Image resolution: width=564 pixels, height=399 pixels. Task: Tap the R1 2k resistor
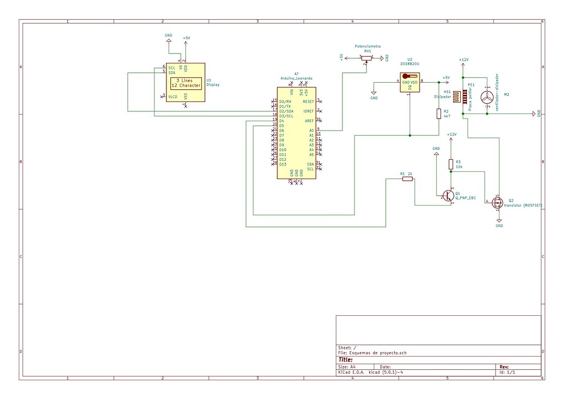coord(407,179)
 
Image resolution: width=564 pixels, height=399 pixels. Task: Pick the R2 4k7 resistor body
coord(439,114)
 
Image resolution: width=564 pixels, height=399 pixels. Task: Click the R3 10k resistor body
coord(451,164)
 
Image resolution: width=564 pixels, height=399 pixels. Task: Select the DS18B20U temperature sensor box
coord(409,83)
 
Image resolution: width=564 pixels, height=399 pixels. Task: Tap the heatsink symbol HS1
coord(457,97)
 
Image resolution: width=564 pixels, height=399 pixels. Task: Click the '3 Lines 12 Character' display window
coord(186,83)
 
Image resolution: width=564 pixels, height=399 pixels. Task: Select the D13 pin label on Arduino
coord(282,164)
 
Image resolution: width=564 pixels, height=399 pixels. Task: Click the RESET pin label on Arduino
coord(308,101)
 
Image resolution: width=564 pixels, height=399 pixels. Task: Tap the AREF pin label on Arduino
coord(309,121)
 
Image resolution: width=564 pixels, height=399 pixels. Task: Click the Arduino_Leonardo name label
coord(296,79)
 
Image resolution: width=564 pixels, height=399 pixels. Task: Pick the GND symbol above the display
coord(168,40)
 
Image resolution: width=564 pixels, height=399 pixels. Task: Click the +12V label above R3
coord(452,134)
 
